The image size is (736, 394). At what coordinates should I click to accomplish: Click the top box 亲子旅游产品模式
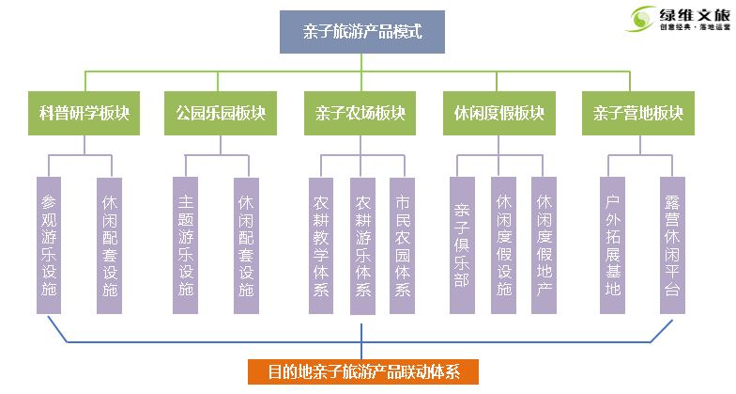click(x=361, y=32)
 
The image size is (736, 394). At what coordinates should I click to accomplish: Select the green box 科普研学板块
click(x=84, y=114)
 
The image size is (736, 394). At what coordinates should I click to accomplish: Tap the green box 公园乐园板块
click(x=221, y=114)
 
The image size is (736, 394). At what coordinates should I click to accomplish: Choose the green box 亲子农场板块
click(x=361, y=114)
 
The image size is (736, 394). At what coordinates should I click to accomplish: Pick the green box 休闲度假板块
click(x=498, y=114)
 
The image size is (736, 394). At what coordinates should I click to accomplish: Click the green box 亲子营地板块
click(x=637, y=114)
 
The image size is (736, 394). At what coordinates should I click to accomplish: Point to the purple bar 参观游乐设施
click(x=50, y=245)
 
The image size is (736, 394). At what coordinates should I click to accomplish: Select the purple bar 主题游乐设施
click(x=186, y=245)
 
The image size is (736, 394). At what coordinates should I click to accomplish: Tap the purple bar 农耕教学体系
click(x=322, y=245)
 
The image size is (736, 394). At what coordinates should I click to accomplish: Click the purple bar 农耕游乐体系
click(x=362, y=245)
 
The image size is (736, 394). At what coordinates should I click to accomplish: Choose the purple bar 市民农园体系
click(x=403, y=245)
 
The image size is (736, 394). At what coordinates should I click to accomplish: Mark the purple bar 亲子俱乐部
click(x=461, y=245)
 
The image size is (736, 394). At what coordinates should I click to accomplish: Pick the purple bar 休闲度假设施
click(x=503, y=245)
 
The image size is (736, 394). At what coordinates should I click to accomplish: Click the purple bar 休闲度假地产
click(x=544, y=245)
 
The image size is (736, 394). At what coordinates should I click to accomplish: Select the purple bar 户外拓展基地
click(x=613, y=245)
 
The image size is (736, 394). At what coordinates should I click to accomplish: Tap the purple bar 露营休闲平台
click(x=671, y=245)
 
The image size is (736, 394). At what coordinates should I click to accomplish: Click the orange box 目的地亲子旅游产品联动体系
click(x=362, y=371)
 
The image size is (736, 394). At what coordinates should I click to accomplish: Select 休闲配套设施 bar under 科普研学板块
click(x=110, y=245)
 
